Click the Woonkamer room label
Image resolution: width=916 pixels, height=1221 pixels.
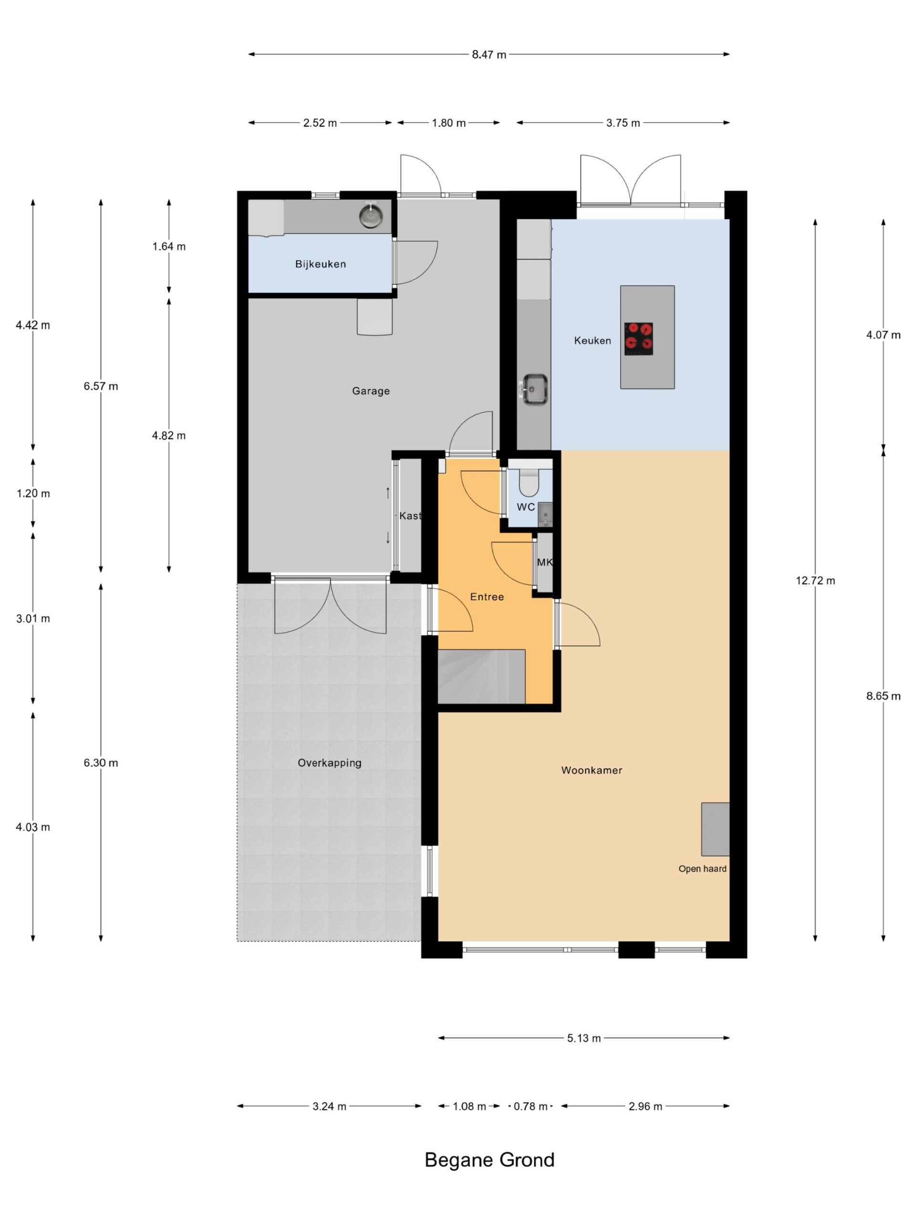(591, 770)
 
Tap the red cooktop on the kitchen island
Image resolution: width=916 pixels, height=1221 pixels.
(638, 338)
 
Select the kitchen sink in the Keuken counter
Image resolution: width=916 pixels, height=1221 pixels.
(533, 389)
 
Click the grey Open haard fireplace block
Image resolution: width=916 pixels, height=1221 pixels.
(715, 829)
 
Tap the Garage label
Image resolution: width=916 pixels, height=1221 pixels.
(371, 391)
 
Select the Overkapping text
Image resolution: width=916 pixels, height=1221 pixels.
(330, 763)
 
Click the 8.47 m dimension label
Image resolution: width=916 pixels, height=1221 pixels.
(489, 55)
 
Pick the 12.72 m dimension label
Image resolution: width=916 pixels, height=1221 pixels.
(815, 580)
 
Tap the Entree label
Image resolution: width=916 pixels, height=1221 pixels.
(487, 597)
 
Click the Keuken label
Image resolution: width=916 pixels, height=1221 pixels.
(593, 341)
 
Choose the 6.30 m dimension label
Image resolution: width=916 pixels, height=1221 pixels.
(101, 763)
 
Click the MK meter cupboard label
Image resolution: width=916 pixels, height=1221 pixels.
(544, 562)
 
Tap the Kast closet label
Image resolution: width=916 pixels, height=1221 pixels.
(410, 516)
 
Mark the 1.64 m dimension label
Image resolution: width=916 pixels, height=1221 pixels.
(169, 247)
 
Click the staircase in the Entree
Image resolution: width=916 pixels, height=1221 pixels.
(481, 677)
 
